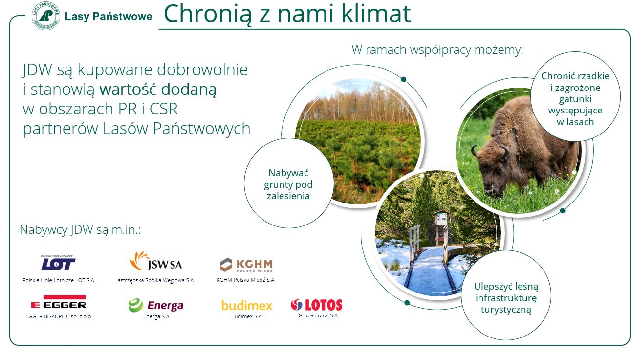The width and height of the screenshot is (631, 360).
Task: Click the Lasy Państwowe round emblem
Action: pos(46,16)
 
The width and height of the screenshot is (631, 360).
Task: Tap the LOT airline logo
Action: pos(58,263)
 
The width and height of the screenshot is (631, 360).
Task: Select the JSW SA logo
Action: pos(156,261)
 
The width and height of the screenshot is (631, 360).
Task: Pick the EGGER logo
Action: pos(59,302)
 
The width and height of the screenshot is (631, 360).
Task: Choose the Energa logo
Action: pos(156,305)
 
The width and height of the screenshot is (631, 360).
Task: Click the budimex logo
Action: pos(247,305)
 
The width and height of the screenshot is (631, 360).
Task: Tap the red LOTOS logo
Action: pos(316,305)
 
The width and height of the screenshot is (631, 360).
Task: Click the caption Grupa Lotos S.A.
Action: pos(318,316)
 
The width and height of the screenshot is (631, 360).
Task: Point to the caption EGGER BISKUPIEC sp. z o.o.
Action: pos(59,316)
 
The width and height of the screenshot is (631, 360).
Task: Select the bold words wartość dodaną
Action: pos(158,90)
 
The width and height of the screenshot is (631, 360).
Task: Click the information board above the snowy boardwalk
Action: pos(441,217)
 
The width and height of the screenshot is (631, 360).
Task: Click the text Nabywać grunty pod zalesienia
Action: pos(288,184)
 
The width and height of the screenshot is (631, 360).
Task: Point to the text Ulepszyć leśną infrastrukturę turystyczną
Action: pos(506,298)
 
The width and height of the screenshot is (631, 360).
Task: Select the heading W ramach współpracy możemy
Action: pos(437,49)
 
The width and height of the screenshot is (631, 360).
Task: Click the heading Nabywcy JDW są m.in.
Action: pos(80,230)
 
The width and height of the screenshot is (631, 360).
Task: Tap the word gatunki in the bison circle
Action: pos(575,99)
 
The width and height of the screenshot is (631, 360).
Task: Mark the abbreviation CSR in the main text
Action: pos(164,109)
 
